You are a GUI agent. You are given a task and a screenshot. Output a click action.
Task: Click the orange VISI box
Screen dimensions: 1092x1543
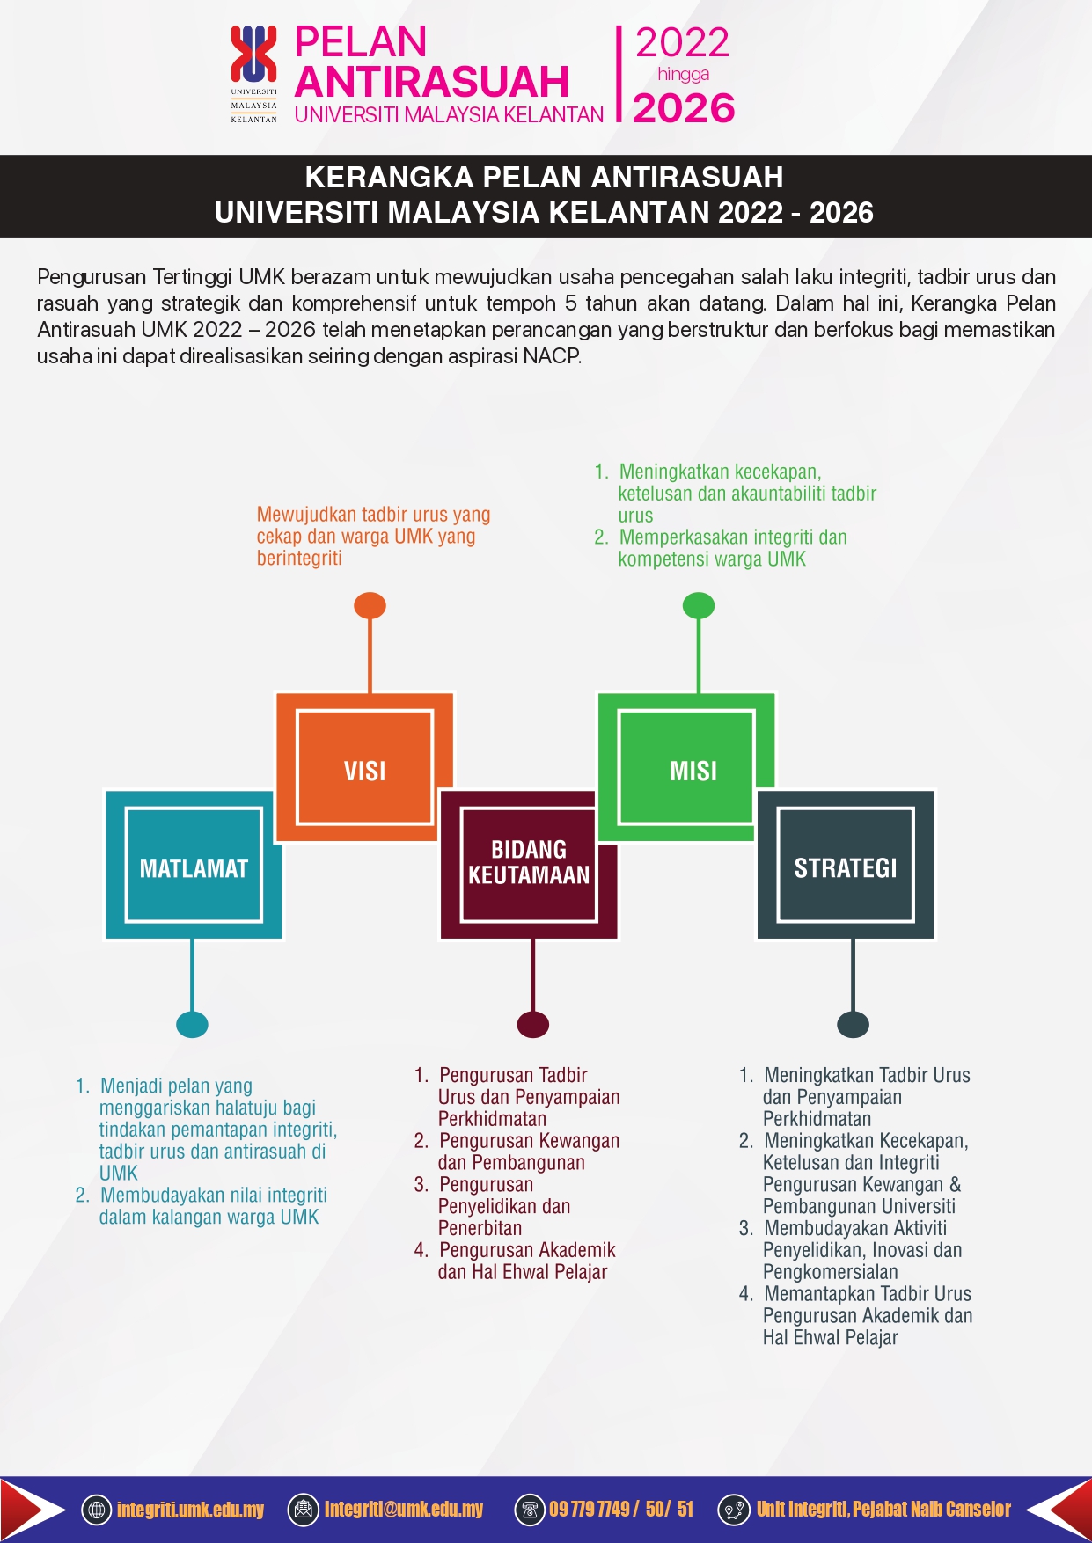(364, 766)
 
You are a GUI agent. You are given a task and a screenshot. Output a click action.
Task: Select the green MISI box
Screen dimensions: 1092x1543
(686, 766)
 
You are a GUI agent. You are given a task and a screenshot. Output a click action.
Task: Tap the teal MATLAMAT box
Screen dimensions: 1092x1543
(194, 865)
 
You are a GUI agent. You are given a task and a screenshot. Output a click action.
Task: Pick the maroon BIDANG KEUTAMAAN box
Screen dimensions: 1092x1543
(529, 865)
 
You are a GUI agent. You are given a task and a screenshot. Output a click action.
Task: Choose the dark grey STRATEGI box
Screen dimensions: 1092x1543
(846, 865)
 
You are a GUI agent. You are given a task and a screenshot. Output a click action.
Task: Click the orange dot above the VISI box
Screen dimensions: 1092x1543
(370, 605)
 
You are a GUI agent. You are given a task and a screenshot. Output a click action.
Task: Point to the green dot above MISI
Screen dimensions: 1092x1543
(699, 605)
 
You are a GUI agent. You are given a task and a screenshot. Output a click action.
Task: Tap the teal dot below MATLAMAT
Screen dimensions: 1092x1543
(192, 1024)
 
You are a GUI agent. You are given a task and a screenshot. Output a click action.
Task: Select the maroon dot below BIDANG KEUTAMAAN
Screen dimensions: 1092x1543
(533, 1024)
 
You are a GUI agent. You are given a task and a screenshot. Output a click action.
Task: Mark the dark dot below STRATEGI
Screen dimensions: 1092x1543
(853, 1024)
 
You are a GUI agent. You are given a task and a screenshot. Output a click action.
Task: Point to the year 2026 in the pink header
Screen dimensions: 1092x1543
(684, 108)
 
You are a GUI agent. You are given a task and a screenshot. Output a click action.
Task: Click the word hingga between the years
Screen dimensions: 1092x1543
(684, 75)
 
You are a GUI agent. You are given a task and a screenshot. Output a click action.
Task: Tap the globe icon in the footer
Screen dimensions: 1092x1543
(97, 1510)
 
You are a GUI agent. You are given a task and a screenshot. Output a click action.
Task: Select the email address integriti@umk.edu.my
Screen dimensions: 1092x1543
(404, 1510)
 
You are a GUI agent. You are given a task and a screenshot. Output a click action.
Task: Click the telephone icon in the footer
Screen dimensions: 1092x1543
(530, 1510)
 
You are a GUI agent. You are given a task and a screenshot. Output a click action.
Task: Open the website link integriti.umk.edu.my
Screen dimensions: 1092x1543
(190, 1510)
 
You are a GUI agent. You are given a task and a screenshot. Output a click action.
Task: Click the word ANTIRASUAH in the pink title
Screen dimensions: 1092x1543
(432, 82)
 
